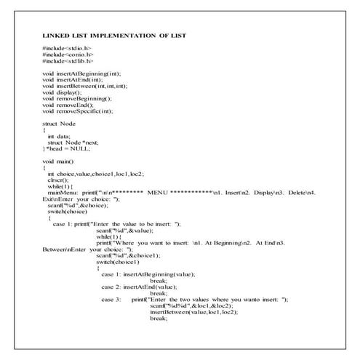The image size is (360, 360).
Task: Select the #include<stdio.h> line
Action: point(67,48)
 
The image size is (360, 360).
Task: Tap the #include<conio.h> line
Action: point(68,55)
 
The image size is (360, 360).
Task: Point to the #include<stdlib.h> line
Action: point(68,61)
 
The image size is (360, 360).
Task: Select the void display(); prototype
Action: point(65,92)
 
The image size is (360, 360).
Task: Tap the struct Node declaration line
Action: point(60,124)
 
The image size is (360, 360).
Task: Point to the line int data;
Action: point(61,136)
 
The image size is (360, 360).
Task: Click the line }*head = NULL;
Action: point(66,148)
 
